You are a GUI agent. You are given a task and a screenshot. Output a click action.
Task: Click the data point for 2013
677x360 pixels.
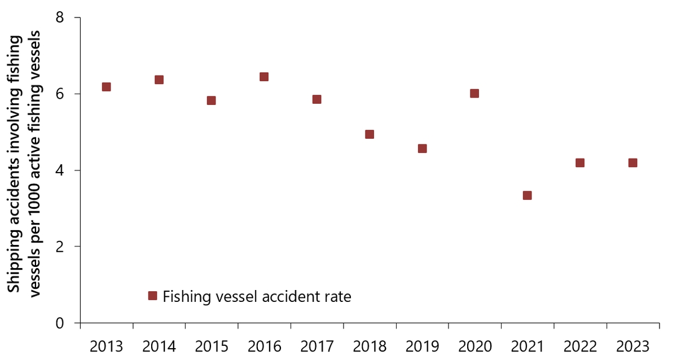[x=106, y=87]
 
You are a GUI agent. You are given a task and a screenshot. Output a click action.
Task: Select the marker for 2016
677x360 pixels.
[x=264, y=77]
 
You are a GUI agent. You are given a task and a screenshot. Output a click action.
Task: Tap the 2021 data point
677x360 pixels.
[x=527, y=195]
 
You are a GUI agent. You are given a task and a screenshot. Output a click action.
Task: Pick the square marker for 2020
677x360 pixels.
[x=474, y=93]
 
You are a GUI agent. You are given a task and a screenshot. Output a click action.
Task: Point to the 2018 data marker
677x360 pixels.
[x=370, y=134]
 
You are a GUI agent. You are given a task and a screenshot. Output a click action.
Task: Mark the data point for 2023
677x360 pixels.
[x=633, y=163]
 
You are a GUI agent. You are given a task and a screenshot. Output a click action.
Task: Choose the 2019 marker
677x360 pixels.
[x=422, y=148]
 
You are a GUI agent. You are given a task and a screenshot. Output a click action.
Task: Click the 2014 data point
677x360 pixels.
[x=159, y=80]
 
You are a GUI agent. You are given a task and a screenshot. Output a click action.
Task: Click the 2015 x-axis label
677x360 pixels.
[x=212, y=345]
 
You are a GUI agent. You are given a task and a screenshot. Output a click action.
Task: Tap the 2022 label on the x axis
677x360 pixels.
[x=580, y=345]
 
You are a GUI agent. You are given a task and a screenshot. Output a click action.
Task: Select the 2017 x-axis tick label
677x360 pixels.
[x=316, y=345]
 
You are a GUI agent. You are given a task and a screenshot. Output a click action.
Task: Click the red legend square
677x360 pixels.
[x=152, y=296]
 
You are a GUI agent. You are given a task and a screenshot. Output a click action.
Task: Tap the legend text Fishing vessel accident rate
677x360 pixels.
[x=257, y=296]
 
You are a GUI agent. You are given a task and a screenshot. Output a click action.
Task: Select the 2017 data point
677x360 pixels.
[x=316, y=99]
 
